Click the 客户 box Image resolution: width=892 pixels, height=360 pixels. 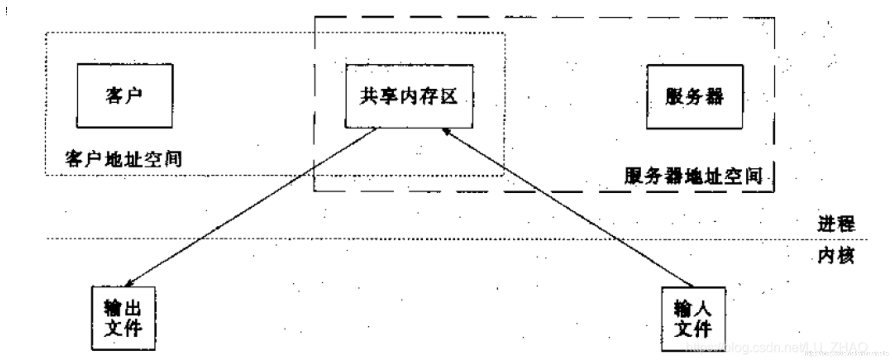125,96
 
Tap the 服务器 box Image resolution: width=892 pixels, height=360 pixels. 694,97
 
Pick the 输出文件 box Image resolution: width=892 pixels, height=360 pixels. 124,318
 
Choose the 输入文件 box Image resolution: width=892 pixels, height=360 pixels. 693,319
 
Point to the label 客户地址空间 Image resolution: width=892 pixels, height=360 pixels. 124,159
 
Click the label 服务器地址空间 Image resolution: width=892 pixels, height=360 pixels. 694,176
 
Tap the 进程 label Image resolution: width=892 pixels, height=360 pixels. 836,224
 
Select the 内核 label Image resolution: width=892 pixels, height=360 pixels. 836,256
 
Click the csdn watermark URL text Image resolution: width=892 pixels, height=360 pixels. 777,347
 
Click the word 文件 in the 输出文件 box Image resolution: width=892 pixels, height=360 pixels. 124,328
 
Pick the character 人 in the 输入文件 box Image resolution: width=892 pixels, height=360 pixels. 703,309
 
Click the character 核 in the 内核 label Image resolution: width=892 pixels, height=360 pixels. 845,256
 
